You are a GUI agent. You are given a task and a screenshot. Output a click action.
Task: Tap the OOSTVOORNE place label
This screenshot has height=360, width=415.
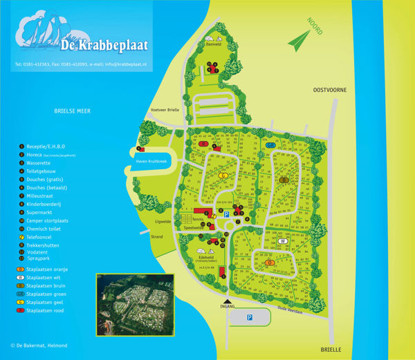pyautogui.click(x=328, y=90)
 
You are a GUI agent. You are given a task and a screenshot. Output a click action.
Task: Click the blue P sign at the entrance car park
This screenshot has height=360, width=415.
pyautogui.click(x=250, y=317)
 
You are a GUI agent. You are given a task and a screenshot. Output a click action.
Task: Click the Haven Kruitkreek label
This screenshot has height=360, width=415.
pyautogui.click(x=151, y=161)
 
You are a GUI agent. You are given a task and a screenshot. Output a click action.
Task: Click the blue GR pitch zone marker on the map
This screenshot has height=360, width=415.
pyautogui.click(x=270, y=146)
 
